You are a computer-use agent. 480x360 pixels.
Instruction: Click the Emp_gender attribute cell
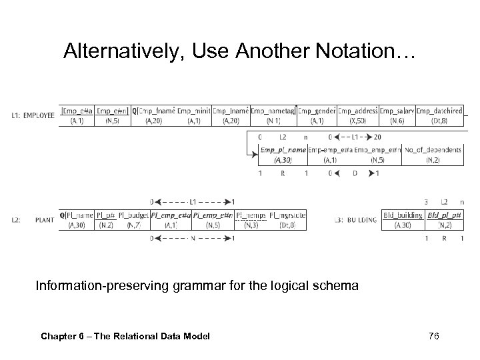[x=316, y=115]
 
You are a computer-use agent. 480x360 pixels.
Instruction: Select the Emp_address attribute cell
[x=357, y=115]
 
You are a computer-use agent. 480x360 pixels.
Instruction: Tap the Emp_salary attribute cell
[x=397, y=115]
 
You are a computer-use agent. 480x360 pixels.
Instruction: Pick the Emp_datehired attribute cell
[x=439, y=115]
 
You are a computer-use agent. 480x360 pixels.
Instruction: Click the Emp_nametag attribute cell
[x=273, y=115]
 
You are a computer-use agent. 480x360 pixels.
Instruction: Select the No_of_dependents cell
[x=433, y=155]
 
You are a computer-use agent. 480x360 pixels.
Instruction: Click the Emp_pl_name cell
[x=282, y=155]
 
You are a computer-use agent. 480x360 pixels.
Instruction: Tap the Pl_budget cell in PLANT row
[x=133, y=221]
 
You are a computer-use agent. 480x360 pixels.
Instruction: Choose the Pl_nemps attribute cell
[x=251, y=221]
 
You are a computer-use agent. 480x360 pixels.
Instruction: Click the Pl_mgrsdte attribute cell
[x=287, y=221]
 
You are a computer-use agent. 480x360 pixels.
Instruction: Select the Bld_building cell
[x=403, y=221]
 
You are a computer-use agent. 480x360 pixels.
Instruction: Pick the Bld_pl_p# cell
[x=444, y=221]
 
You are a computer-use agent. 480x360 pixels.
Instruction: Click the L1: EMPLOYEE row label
[x=33, y=115]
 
